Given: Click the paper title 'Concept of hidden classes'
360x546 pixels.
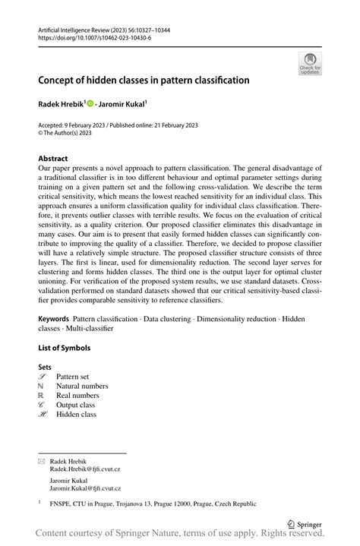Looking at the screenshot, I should point(144,79).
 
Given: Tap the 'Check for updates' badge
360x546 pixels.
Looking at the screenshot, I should point(310,64).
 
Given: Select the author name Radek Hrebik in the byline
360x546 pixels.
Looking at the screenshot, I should point(61,103).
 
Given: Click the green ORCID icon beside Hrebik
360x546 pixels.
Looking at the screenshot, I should point(90,103).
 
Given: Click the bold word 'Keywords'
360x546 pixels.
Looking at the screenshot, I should point(54,318).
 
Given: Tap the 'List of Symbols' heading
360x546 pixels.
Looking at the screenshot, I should point(64,348).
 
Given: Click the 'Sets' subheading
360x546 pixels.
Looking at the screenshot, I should point(45,366).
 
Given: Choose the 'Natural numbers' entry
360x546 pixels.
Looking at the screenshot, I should point(82,386).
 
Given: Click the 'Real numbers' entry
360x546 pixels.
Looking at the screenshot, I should point(77,396).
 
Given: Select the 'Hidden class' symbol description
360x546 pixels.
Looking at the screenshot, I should point(77,415).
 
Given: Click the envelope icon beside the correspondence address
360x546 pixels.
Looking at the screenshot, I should point(42,461).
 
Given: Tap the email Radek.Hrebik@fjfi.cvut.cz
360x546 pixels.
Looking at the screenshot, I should point(85,469).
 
